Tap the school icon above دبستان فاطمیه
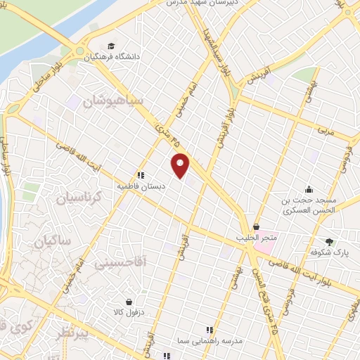coord(141,176)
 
